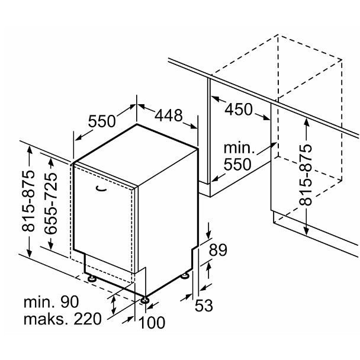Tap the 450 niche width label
tap(239, 110)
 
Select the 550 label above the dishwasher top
tap(102, 122)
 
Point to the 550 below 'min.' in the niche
tap(238, 165)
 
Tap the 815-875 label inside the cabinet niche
tap(305, 174)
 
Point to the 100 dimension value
tap(152, 323)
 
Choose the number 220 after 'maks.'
tap(86, 320)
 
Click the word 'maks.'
tap(43, 320)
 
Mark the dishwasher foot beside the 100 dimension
tap(144, 298)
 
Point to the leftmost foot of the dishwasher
tap(92, 277)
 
